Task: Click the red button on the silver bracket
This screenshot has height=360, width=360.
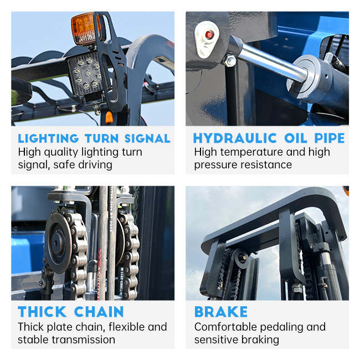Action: point(209,35)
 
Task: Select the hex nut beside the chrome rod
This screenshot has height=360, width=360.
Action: point(230,60)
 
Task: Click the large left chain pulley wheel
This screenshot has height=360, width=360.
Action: point(58,243)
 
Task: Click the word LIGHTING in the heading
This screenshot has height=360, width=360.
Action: point(48,138)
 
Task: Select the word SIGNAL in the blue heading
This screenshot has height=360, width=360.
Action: point(147,138)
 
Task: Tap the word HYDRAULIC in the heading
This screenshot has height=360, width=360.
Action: point(235,138)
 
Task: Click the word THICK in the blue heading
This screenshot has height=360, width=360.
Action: point(42,312)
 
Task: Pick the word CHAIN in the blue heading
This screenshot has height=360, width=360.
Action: point(99,312)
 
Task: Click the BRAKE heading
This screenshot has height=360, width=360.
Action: point(221,312)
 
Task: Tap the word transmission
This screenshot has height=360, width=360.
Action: point(83,340)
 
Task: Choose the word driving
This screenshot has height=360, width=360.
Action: point(95,165)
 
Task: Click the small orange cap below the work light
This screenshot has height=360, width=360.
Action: point(109,117)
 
